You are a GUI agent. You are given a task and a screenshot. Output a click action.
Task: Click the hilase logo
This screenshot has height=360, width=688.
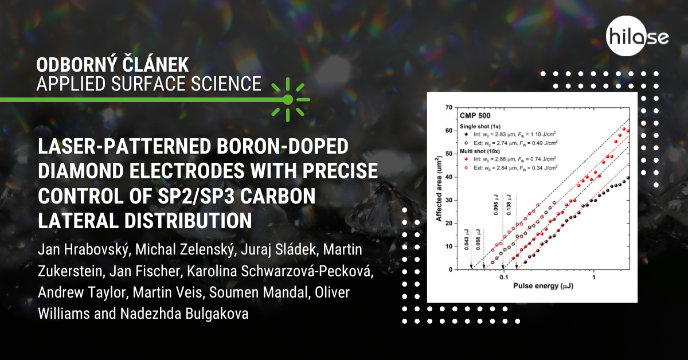637,36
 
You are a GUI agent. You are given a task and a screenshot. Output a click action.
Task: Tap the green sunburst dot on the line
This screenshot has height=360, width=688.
288,100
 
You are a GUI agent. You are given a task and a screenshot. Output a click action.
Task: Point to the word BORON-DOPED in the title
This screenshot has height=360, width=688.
282,146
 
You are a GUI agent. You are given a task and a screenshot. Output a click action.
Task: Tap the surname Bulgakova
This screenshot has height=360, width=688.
216,314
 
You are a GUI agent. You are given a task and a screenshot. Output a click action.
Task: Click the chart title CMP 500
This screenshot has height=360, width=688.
475,116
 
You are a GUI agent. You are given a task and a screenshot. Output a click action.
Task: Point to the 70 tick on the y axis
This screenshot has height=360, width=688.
449,108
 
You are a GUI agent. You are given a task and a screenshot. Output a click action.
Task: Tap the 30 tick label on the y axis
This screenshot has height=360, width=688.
449,200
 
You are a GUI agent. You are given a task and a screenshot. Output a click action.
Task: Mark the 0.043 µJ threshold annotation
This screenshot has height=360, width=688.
467,240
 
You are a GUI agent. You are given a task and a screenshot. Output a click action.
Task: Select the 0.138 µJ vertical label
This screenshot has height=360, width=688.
509,205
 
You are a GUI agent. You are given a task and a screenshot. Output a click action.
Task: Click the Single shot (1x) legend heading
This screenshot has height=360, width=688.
480,126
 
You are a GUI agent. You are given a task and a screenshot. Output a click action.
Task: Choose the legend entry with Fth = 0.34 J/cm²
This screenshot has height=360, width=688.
511,168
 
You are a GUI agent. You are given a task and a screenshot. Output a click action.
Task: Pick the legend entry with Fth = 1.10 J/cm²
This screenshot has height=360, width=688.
510,134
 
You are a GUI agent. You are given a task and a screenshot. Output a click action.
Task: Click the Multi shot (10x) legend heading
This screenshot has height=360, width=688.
480,151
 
